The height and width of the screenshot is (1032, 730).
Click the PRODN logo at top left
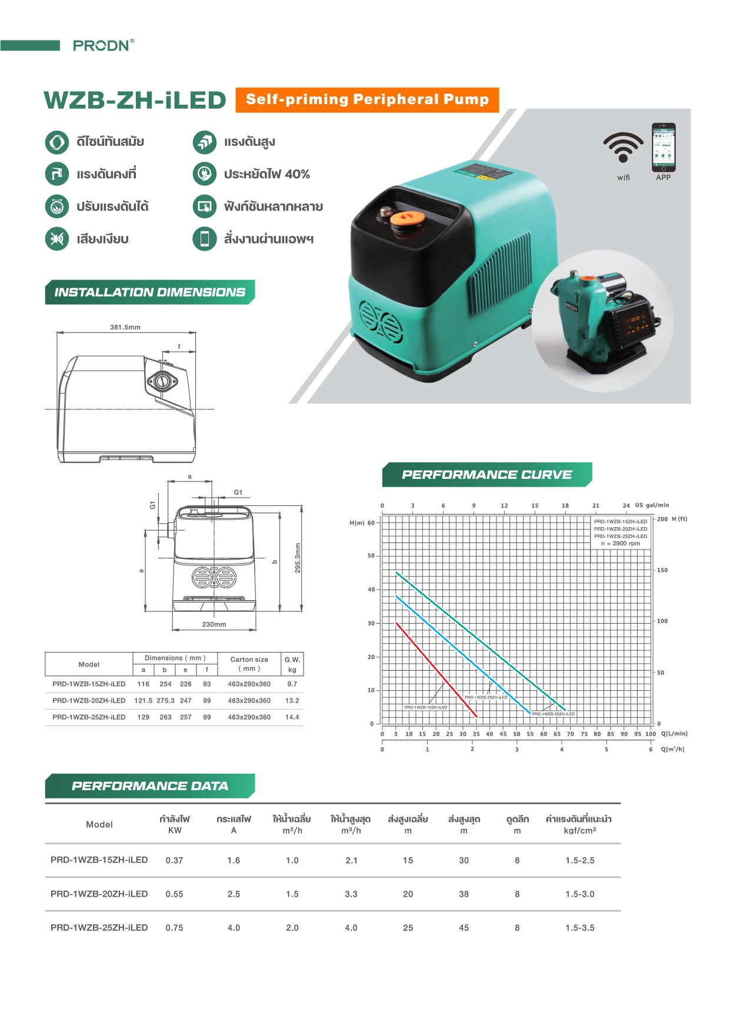(x=103, y=45)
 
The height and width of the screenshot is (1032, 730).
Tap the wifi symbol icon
(x=623, y=148)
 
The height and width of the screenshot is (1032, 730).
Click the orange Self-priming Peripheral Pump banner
(x=367, y=99)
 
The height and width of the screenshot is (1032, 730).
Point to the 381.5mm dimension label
(x=125, y=327)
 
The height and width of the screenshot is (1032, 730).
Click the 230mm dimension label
(x=214, y=624)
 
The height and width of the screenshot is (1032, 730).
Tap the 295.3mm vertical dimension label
(x=298, y=558)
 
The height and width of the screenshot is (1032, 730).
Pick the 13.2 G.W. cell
(x=292, y=701)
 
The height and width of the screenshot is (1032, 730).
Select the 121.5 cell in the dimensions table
(x=143, y=701)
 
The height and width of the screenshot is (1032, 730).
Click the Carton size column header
(x=249, y=664)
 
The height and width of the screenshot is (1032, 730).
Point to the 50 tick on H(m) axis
(x=371, y=555)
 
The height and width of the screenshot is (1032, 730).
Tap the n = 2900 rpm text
(x=620, y=544)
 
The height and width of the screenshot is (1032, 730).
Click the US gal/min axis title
(x=652, y=505)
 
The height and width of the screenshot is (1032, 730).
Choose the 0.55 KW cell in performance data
(x=174, y=894)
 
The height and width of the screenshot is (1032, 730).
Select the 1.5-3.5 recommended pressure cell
(x=579, y=928)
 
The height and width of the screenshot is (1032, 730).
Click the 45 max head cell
(x=464, y=928)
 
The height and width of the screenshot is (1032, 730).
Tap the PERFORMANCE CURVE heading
(x=486, y=475)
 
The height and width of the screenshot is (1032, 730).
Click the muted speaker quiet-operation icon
(x=57, y=239)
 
